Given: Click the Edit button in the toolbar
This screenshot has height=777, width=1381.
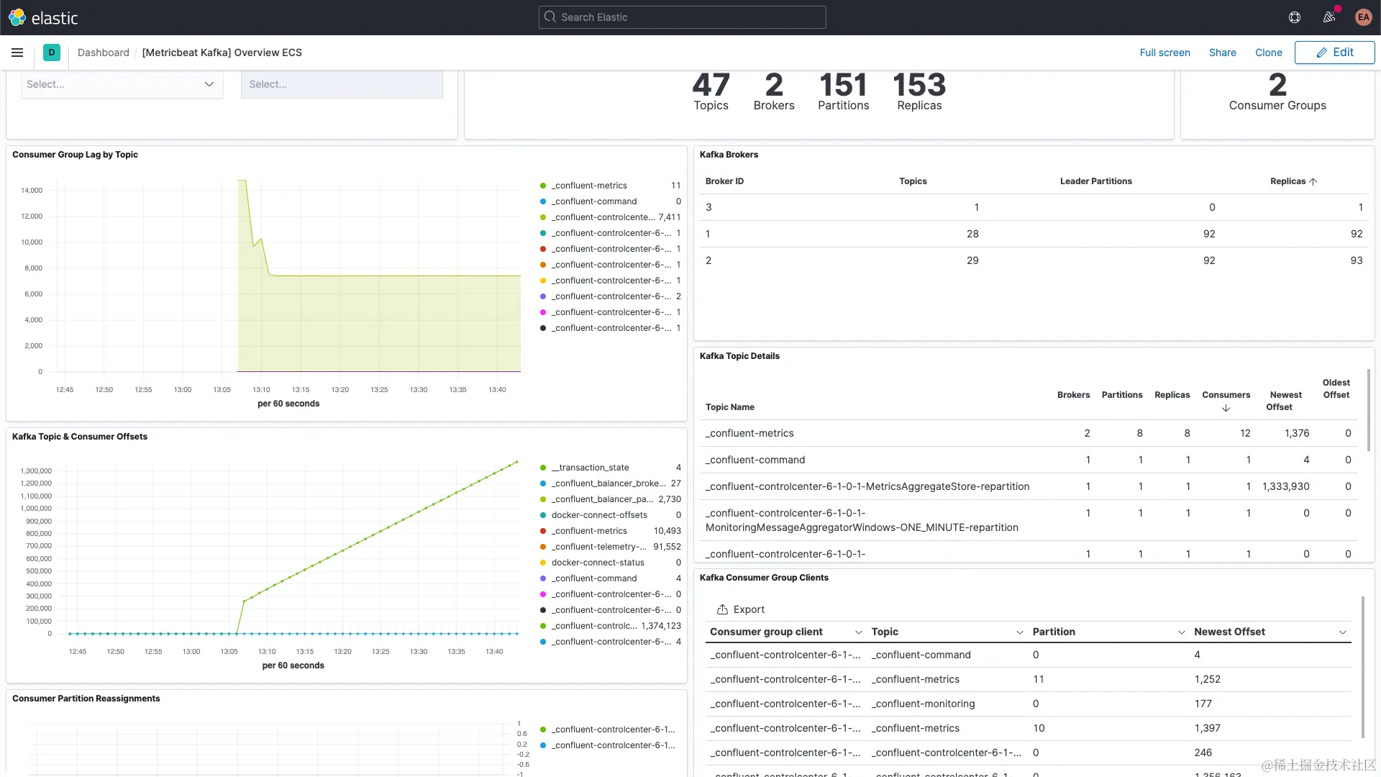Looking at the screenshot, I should pos(1334,53).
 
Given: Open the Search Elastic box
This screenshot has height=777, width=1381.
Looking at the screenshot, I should pos(682,17).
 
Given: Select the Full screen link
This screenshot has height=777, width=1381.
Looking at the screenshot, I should pos(1164,53).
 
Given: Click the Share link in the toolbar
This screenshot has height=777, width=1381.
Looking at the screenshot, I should pos(1222,53).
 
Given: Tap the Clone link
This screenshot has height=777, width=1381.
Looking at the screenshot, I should pos(1268,53).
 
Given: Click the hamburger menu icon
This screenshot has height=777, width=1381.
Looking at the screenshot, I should pos(17,53).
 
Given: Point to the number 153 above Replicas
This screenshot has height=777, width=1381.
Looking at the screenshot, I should pos(919,86).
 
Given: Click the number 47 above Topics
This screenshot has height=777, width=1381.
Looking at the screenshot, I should pos(711,86).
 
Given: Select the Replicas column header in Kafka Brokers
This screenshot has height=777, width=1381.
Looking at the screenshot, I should pos(1287,181).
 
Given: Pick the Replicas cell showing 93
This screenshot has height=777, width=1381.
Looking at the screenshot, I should pos(1356,260).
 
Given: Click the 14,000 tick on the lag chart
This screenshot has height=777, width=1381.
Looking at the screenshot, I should pos(32,191).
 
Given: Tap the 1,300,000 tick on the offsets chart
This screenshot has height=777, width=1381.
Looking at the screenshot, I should pos(36,471).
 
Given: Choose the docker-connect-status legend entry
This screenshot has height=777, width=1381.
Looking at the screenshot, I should pos(598,563).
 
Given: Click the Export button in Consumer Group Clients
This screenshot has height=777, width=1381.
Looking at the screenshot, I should pos(741,609).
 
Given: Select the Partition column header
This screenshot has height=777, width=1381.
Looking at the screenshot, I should pos(1054,632).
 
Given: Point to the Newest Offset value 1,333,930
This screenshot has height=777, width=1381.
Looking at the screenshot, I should pos(1285,486).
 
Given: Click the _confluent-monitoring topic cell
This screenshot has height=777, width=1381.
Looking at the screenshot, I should pos(923,704).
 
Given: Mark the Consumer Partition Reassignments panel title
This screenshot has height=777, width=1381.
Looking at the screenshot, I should pos(86,699).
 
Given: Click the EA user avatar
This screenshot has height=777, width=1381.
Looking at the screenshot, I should pos(1363,17).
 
